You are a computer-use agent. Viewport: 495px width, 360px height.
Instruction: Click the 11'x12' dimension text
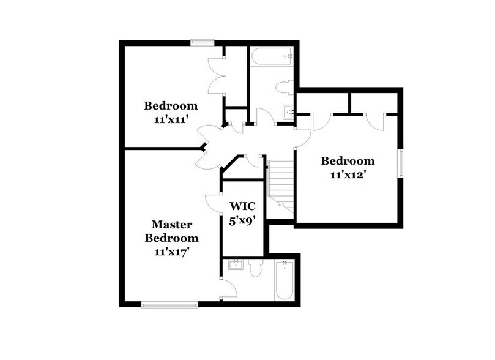coord(348,174)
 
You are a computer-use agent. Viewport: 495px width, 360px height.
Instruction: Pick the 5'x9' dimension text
coord(242,220)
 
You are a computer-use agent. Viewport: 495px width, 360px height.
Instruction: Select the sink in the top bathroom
coord(288,113)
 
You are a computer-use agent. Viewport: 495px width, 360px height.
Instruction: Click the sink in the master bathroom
coord(234,265)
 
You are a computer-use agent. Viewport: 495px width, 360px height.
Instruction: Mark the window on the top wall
coord(200,42)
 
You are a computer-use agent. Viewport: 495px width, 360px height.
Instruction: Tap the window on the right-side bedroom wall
coord(402,163)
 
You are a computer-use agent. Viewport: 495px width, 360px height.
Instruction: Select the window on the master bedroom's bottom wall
coord(169,303)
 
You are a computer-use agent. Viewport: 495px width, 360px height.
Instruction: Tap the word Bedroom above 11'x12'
coord(348,161)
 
